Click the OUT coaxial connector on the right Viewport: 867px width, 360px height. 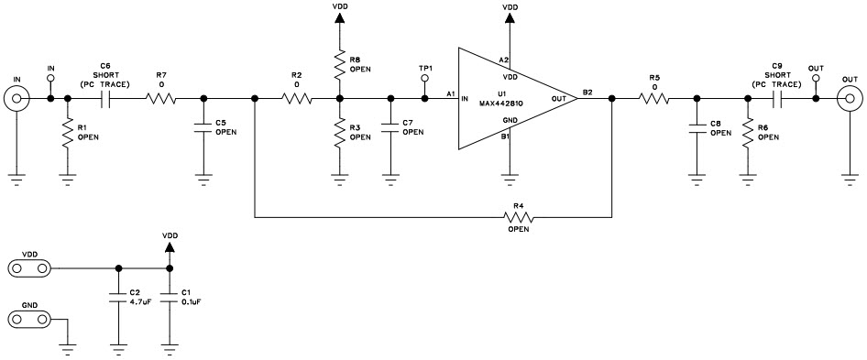click(x=851, y=99)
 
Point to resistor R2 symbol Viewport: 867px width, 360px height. click(x=296, y=99)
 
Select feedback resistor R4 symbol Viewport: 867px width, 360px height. click(x=518, y=217)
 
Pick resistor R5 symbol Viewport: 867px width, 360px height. click(x=653, y=99)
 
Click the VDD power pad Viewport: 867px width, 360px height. click(x=30, y=268)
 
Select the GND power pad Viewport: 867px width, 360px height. click(x=30, y=319)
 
